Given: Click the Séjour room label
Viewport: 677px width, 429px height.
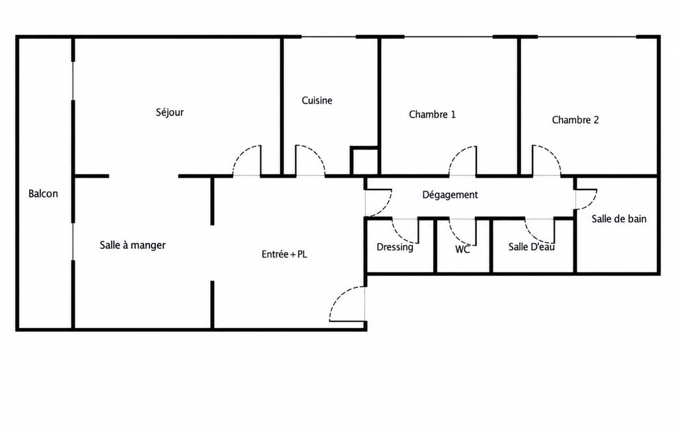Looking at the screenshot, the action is [x=170, y=113].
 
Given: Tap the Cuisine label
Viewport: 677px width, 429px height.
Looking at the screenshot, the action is [x=317, y=100].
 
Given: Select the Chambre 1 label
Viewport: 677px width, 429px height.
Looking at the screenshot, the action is [x=432, y=114].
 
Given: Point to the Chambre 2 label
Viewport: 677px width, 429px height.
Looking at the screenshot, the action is [x=575, y=120].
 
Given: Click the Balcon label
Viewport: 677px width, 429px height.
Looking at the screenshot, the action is [x=43, y=194].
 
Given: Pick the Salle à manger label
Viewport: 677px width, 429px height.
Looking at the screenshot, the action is [x=133, y=246].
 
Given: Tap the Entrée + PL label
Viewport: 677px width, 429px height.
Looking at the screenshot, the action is [x=284, y=255].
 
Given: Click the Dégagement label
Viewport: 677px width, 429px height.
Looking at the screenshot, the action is [x=450, y=195].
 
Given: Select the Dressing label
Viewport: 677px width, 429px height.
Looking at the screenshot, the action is [x=394, y=247].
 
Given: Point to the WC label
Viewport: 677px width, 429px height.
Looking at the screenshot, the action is [x=462, y=249].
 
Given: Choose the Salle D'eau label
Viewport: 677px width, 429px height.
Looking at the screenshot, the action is [x=531, y=247].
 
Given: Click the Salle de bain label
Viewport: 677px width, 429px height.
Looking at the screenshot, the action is [x=619, y=219].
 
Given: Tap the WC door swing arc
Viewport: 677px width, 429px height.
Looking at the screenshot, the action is [x=457, y=236].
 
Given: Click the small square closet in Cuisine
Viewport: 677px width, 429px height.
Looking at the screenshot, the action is [x=365, y=161].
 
